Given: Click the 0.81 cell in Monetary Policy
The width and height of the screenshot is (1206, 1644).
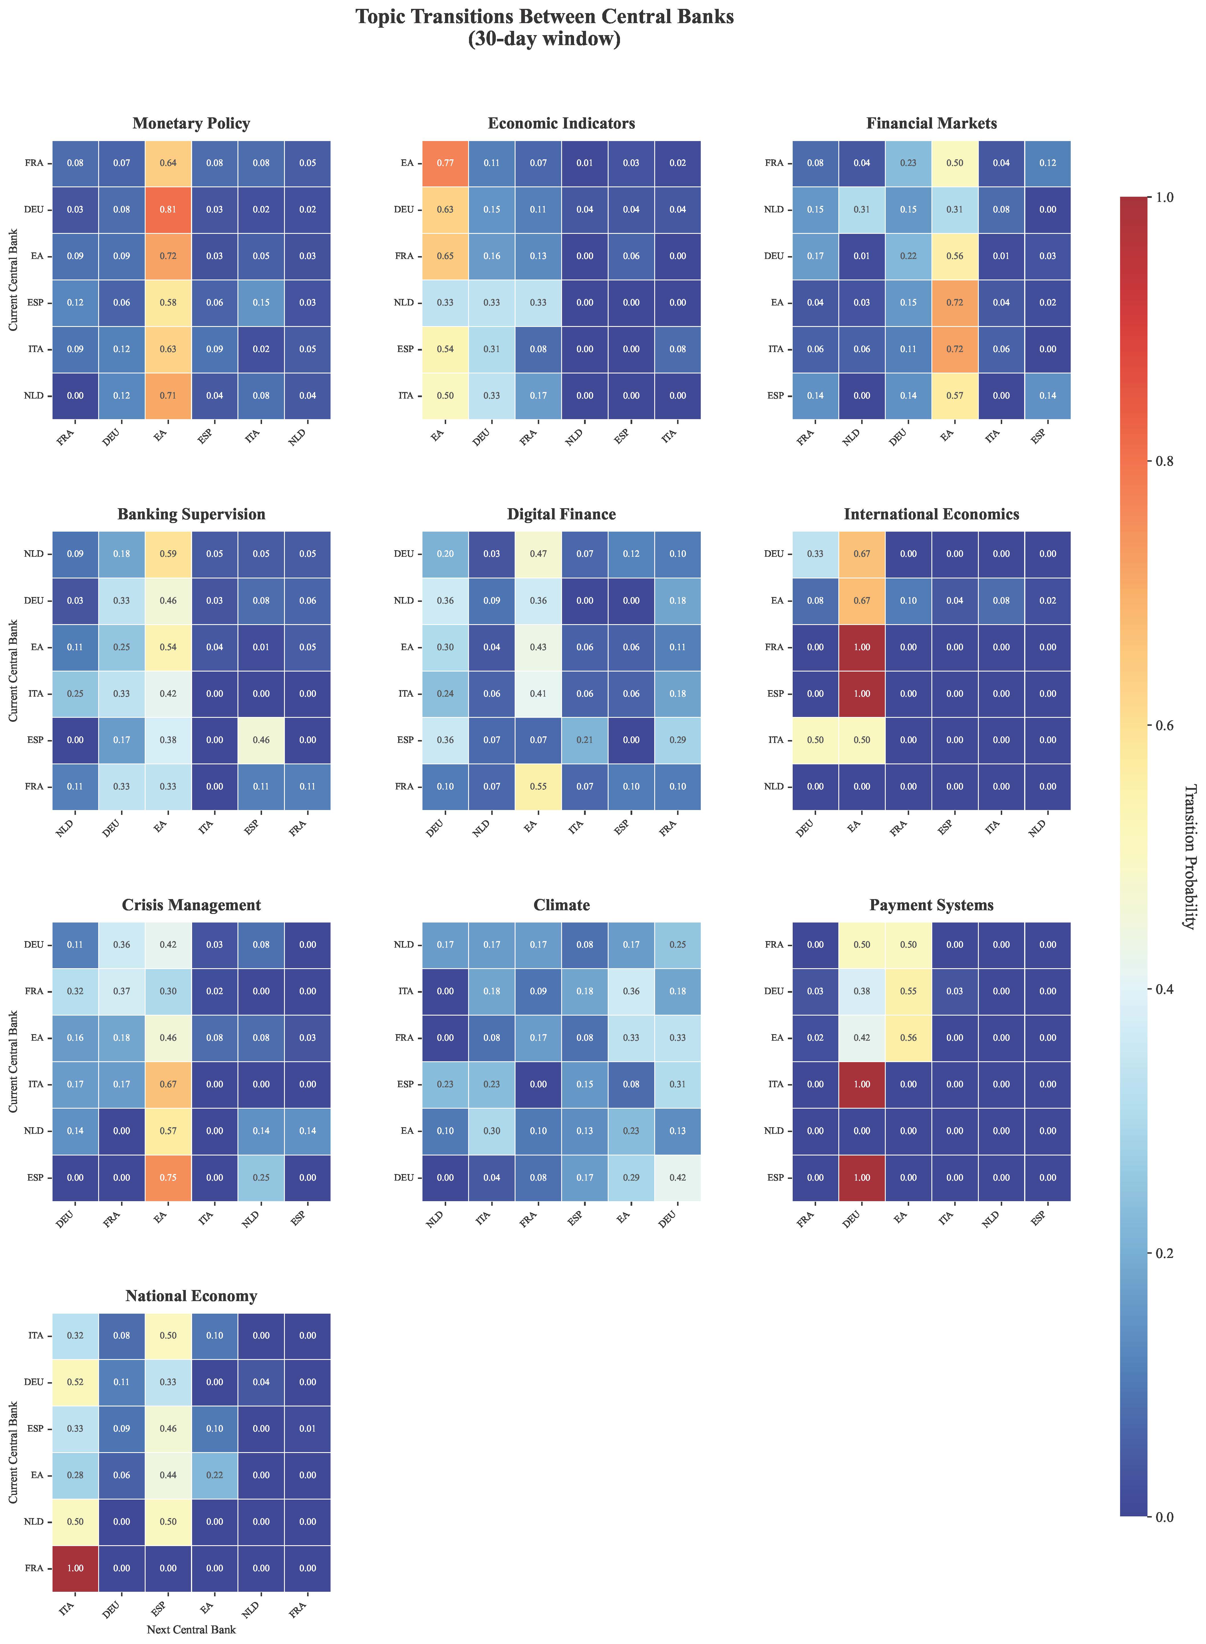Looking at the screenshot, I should coord(168,210).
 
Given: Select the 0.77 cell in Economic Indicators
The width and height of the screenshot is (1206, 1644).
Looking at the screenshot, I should coord(445,163).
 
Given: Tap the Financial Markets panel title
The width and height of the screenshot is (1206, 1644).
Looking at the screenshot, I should coord(931,123).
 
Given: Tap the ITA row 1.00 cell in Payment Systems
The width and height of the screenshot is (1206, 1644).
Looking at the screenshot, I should coord(862,1084).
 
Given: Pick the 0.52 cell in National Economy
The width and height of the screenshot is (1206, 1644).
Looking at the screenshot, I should coord(75,1382).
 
